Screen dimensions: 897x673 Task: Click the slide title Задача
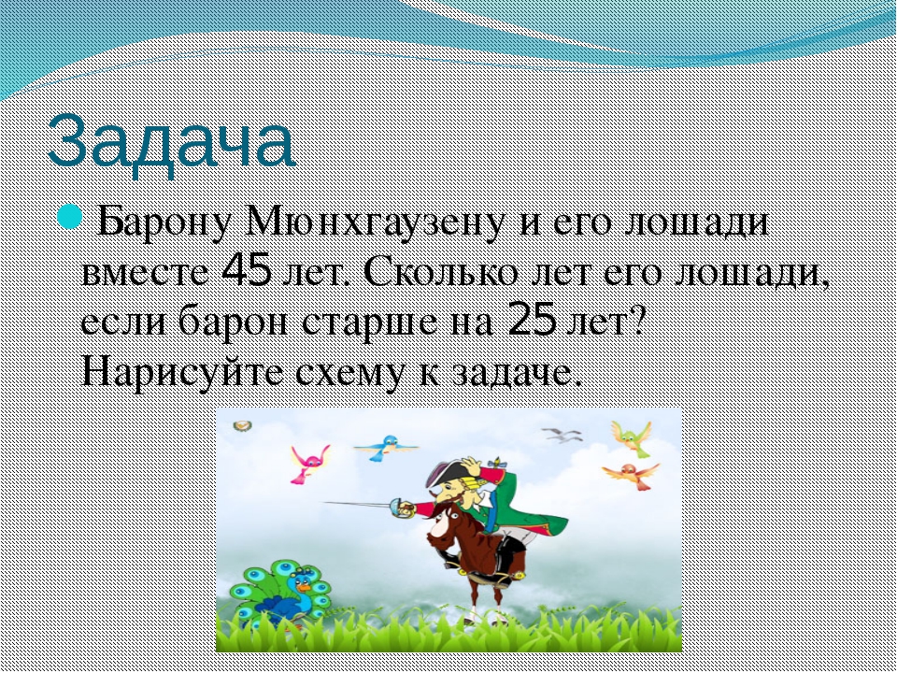pos(171,142)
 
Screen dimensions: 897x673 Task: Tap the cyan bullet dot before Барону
pos(70,217)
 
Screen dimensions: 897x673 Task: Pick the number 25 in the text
pos(532,320)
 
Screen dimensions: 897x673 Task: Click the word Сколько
pos(440,272)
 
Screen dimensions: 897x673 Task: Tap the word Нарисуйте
pos(182,372)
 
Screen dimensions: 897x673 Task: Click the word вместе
pos(146,273)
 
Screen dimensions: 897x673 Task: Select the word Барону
pos(164,222)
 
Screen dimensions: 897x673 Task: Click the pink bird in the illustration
pos(309,464)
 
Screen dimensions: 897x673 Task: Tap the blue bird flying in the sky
pos(386,448)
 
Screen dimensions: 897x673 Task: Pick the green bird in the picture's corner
pos(632,438)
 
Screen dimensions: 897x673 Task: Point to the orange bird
pos(632,475)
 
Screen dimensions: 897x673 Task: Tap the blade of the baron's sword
pos(358,504)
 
